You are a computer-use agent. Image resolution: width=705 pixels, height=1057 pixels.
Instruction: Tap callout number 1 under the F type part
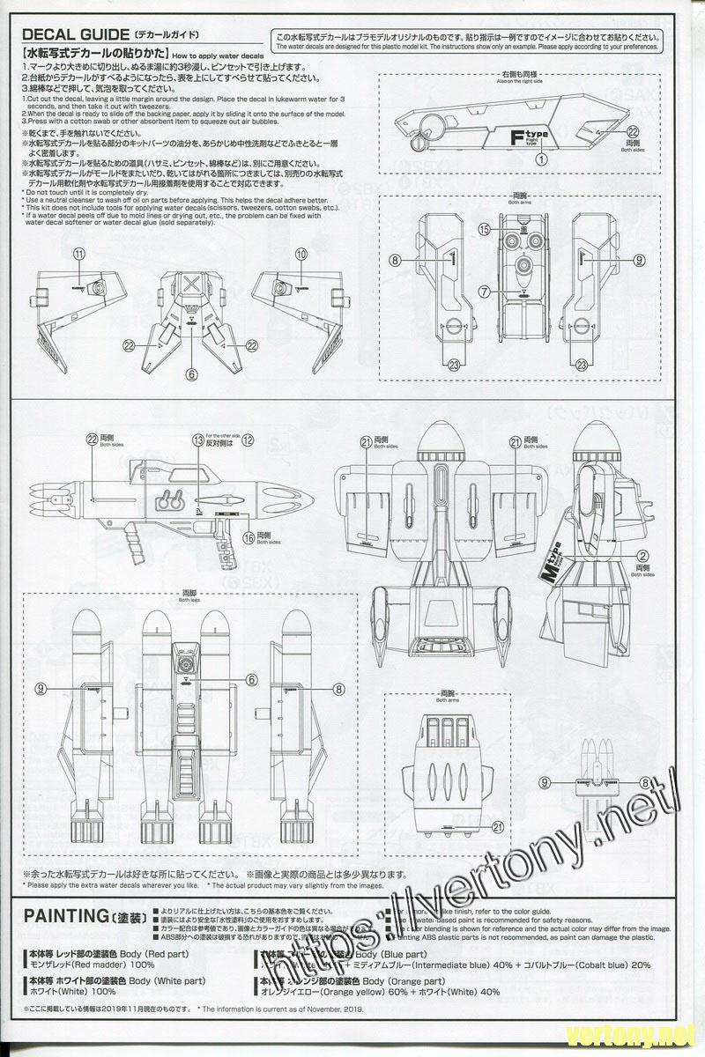click(x=539, y=159)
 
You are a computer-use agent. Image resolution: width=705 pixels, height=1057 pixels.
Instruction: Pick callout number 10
click(x=301, y=254)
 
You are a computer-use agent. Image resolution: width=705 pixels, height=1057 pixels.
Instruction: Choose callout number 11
click(x=79, y=254)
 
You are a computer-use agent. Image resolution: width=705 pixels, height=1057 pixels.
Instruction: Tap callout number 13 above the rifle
click(x=198, y=439)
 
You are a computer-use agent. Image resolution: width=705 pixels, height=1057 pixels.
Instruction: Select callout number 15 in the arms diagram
click(x=484, y=229)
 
